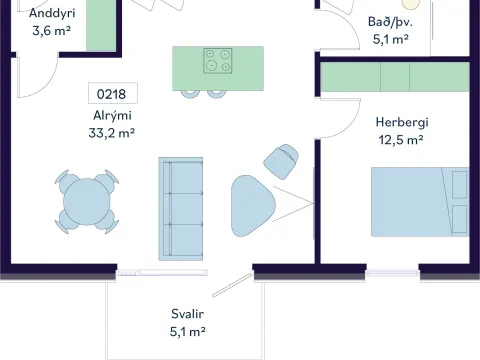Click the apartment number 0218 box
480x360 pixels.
click(113, 93)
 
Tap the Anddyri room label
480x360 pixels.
click(52, 13)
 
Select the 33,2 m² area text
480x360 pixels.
click(112, 133)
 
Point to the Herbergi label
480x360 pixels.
click(402, 122)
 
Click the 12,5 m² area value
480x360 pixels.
click(401, 140)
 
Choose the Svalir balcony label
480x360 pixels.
click(187, 314)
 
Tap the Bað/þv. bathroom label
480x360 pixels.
click(390, 22)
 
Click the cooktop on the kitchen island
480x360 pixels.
click(218, 61)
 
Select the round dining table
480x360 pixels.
click(87, 201)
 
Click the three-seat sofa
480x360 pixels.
click(181, 209)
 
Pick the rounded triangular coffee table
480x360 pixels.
click(252, 206)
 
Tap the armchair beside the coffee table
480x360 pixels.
click(281, 161)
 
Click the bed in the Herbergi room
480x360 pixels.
click(420, 202)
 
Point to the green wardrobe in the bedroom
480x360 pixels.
click(395, 77)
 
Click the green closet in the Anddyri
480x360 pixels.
click(101, 25)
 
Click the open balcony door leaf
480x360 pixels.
click(232, 285)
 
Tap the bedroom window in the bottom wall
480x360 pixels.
click(393, 273)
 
